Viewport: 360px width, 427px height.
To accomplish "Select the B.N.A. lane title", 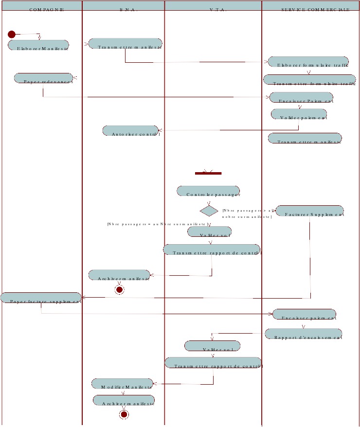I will (x=124, y=9).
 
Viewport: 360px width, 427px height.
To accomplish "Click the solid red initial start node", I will (x=12, y=34).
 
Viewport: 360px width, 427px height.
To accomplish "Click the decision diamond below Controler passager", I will (x=209, y=211).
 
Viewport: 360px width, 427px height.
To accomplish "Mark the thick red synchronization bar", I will (x=208, y=173).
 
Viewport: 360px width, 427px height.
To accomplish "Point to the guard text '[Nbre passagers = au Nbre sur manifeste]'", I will (x=158, y=224).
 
